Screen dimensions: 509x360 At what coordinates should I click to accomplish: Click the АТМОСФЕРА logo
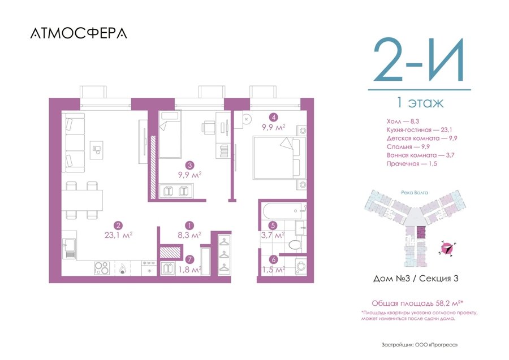(79, 33)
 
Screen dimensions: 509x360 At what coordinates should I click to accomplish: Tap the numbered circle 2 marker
(118, 225)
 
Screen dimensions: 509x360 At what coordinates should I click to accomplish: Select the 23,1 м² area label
(119, 235)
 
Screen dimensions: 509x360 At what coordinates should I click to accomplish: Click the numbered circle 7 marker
(189, 259)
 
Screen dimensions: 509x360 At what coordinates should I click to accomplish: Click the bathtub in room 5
(284, 211)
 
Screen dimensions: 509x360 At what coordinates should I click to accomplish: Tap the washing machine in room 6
(301, 267)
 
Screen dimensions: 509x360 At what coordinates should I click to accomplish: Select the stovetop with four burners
(102, 268)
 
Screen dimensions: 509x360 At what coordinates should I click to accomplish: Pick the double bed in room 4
(280, 158)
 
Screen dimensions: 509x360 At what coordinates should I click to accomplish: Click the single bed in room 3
(170, 134)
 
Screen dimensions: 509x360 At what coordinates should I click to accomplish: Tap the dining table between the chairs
(83, 201)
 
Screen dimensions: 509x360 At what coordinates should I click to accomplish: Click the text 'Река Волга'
(414, 193)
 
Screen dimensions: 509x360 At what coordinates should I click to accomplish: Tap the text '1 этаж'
(420, 103)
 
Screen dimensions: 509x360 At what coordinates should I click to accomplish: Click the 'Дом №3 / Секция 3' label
(416, 278)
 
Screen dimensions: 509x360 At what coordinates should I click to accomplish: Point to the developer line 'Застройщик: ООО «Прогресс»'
(420, 345)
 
